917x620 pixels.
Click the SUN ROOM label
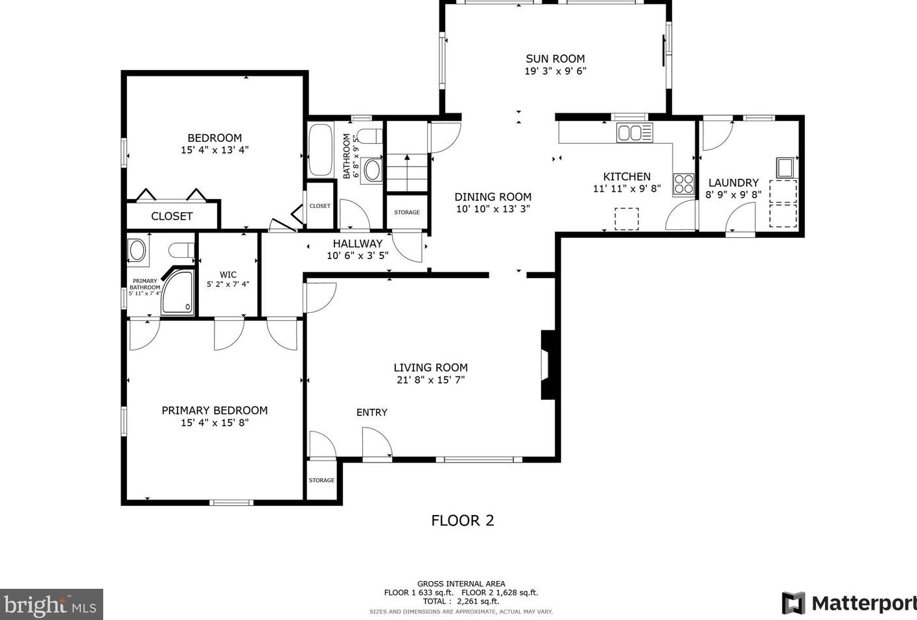(555, 59)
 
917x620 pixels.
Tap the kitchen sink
(634, 133)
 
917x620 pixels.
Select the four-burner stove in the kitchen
(684, 184)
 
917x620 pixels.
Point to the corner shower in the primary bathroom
(177, 292)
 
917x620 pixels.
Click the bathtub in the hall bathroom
(321, 150)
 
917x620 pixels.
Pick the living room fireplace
(548, 364)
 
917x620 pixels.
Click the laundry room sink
(785, 167)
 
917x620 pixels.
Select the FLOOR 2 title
(463, 521)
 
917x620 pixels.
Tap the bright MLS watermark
(51, 604)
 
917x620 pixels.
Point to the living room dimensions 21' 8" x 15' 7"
(431, 380)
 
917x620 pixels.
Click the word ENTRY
(372, 413)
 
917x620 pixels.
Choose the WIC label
(228, 275)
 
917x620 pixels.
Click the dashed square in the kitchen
(627, 219)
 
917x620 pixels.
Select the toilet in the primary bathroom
(181, 250)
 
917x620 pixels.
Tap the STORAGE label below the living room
(321, 480)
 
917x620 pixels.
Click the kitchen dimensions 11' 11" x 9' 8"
(627, 189)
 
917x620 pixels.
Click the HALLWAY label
(357, 244)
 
